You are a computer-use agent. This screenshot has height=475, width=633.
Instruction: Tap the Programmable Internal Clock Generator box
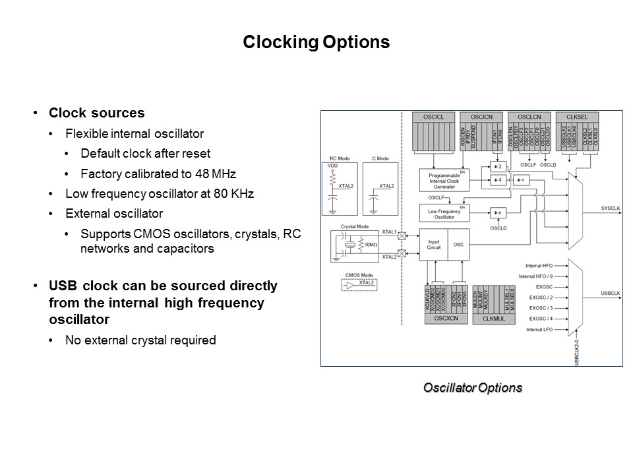click(x=444, y=180)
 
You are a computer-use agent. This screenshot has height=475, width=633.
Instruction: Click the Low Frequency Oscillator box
click(x=444, y=213)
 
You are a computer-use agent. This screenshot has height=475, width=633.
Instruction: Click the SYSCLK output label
click(x=611, y=208)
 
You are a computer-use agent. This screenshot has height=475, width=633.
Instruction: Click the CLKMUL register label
click(x=493, y=318)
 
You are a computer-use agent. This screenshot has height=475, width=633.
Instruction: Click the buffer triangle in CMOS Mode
click(x=349, y=285)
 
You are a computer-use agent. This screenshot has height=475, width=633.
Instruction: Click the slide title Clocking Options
click(x=316, y=42)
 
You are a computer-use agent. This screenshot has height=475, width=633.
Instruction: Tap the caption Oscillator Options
click(x=472, y=388)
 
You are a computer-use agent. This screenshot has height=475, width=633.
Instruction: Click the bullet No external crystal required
click(x=140, y=340)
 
